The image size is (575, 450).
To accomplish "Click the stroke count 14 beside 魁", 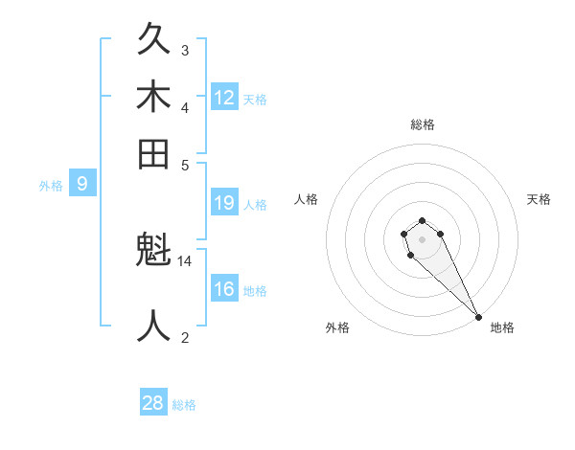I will tap(185, 261).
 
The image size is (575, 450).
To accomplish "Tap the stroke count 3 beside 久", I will tap(185, 50).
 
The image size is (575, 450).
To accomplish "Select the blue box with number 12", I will tap(224, 97).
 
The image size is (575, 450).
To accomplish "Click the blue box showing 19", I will tap(224, 202).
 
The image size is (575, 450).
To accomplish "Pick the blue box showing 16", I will tap(224, 289).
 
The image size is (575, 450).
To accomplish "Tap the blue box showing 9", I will tap(82, 184).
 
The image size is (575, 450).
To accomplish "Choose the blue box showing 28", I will tap(153, 403).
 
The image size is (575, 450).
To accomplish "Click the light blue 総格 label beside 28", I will tap(184, 405).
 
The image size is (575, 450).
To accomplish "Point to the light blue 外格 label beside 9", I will tap(51, 186).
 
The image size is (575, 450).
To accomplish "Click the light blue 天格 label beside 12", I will tap(255, 99).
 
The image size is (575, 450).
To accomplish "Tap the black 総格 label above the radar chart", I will tap(422, 124).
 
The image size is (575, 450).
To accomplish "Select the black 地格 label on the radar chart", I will tap(502, 327).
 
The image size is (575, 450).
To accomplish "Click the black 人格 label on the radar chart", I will tap(307, 199).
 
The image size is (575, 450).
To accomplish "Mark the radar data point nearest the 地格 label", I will tap(477, 317).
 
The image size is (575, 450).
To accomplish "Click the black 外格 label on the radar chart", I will tap(337, 327).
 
